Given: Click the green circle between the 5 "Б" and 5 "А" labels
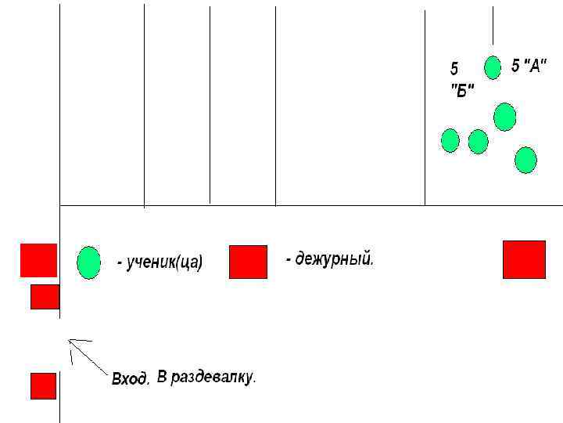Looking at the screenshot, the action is [x=492, y=68].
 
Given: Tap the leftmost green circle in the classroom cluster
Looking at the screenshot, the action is [x=450, y=140].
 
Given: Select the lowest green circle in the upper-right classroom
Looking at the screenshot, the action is [x=525, y=160].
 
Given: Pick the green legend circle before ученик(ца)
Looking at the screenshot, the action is [x=89, y=262].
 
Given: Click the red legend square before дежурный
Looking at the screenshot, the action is [x=248, y=262].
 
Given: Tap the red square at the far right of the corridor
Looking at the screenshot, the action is [x=524, y=259].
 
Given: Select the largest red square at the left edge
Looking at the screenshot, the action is [x=38, y=260].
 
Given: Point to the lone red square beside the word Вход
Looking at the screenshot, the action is [x=43, y=385].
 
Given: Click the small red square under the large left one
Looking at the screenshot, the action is [x=45, y=297].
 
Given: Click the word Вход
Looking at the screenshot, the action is [x=130, y=379].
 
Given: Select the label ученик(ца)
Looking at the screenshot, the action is [x=160, y=263].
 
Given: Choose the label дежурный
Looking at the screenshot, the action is [x=329, y=258].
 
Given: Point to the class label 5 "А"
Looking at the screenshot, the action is [x=528, y=66].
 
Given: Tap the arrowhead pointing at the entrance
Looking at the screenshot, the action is [x=71, y=342].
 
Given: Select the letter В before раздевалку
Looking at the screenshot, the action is [x=162, y=378].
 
